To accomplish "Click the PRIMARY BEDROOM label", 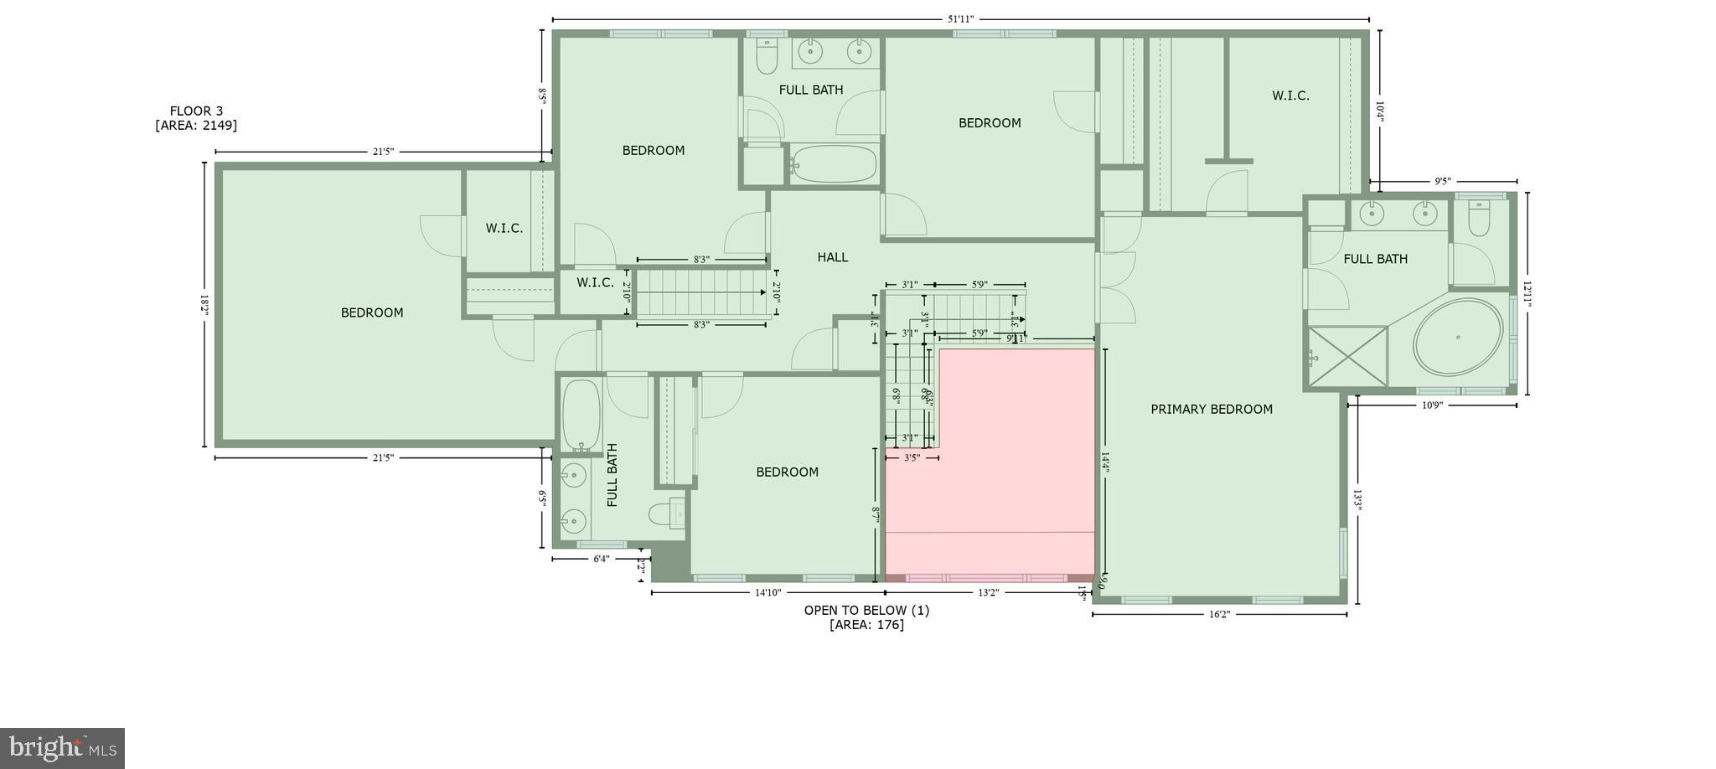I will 1211,409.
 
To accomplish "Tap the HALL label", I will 832,257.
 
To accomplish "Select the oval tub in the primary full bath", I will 1458,337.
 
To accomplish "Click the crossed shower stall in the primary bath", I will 1347,357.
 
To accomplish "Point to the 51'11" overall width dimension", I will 960,19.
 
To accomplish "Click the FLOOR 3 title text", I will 196,111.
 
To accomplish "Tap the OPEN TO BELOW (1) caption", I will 866,610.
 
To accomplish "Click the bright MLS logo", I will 63,747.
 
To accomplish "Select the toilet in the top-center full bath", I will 767,56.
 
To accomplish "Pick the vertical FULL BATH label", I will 612,475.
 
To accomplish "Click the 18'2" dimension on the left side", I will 204,304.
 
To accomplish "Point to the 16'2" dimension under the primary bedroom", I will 1219,614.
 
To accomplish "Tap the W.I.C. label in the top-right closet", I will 1290,95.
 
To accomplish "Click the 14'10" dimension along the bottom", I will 768,592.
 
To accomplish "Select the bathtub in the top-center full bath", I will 835,163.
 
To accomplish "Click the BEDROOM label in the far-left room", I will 371,312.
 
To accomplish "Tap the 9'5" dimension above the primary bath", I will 1442,181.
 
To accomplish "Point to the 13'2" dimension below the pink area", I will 989,592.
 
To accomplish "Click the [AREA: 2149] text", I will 196,126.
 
